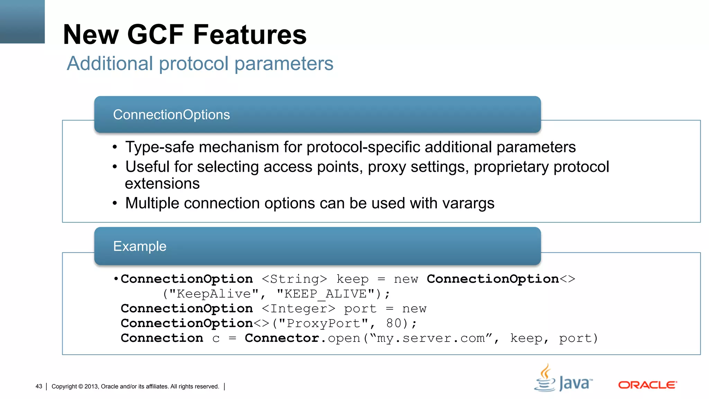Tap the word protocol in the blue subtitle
[194, 64]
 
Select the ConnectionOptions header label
[171, 115]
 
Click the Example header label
[140, 246]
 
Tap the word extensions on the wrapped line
[162, 184]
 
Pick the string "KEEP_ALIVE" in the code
[326, 294]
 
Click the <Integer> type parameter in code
[298, 309]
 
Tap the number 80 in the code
[394, 323]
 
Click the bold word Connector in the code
[282, 338]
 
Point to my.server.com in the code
[431, 338]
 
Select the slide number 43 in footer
[39, 386]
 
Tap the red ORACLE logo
[647, 385]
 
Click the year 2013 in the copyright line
[91, 387]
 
